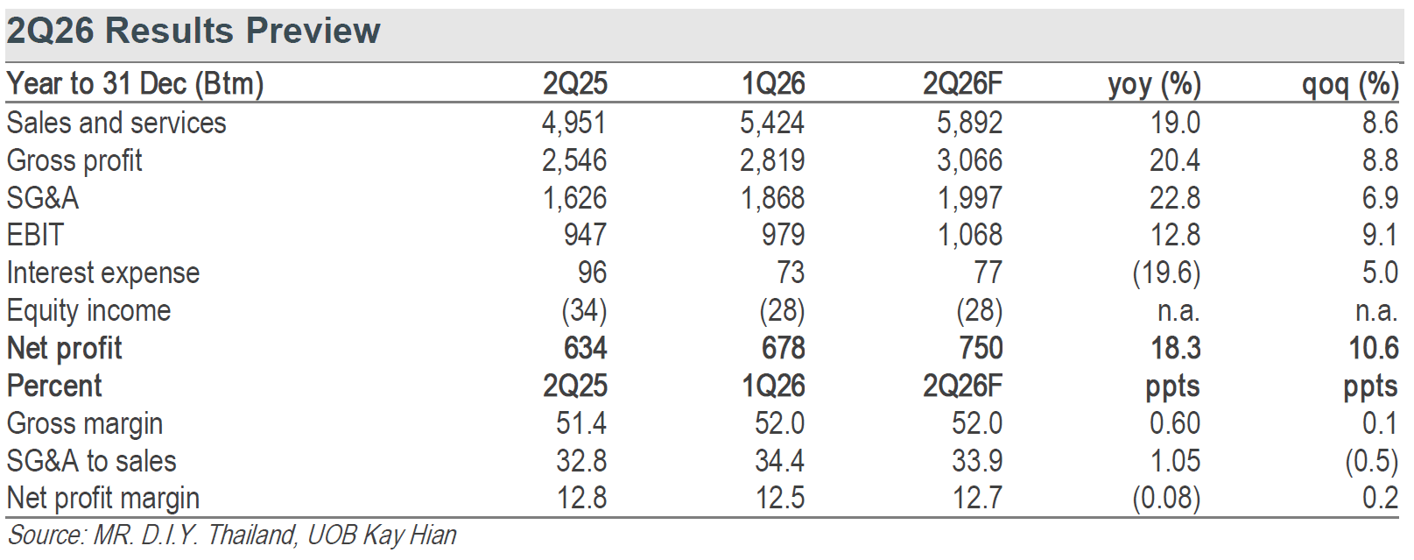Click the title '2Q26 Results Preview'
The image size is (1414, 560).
pyautogui.click(x=193, y=31)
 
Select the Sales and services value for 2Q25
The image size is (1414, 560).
pyautogui.click(x=573, y=123)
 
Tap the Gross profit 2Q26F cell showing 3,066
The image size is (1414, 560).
pyautogui.click(x=969, y=160)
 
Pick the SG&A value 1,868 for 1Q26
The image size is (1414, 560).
pyautogui.click(x=772, y=198)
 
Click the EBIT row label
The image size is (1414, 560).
pyautogui.click(x=35, y=235)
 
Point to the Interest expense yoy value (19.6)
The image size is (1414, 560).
pyautogui.click(x=1166, y=273)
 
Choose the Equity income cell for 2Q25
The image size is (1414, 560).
pyautogui.click(x=584, y=311)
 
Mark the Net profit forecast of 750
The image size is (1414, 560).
pyautogui.click(x=981, y=348)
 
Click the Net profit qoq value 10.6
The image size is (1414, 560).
pyautogui.click(x=1374, y=348)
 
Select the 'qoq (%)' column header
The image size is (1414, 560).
pyautogui.click(x=1350, y=85)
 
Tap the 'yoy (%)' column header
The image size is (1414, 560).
pyautogui.click(x=1155, y=85)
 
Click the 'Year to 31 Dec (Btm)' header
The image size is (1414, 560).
pyautogui.click(x=135, y=84)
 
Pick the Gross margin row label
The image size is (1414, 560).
pyautogui.click(x=85, y=424)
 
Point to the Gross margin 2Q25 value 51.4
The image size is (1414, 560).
pyautogui.click(x=580, y=423)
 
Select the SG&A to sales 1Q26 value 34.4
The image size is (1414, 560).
pyautogui.click(x=779, y=461)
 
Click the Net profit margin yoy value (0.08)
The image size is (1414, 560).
pyautogui.click(x=1166, y=499)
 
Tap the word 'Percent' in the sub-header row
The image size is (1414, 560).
pyautogui.click(x=54, y=386)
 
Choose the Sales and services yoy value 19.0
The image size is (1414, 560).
pyautogui.click(x=1175, y=123)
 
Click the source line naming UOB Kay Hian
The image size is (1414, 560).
pyautogui.click(x=232, y=535)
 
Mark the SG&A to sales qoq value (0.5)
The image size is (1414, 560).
pyautogui.click(x=1372, y=461)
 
